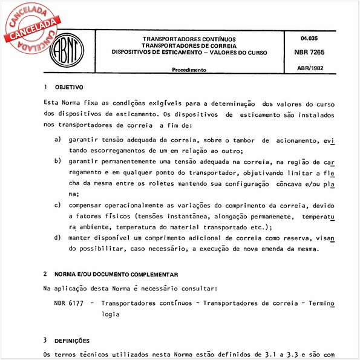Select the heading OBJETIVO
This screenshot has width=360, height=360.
[x=70, y=87]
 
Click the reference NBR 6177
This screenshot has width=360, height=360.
[x=68, y=303]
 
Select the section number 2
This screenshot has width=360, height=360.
[x=46, y=274]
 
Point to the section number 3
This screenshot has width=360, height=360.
[x=46, y=341]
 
